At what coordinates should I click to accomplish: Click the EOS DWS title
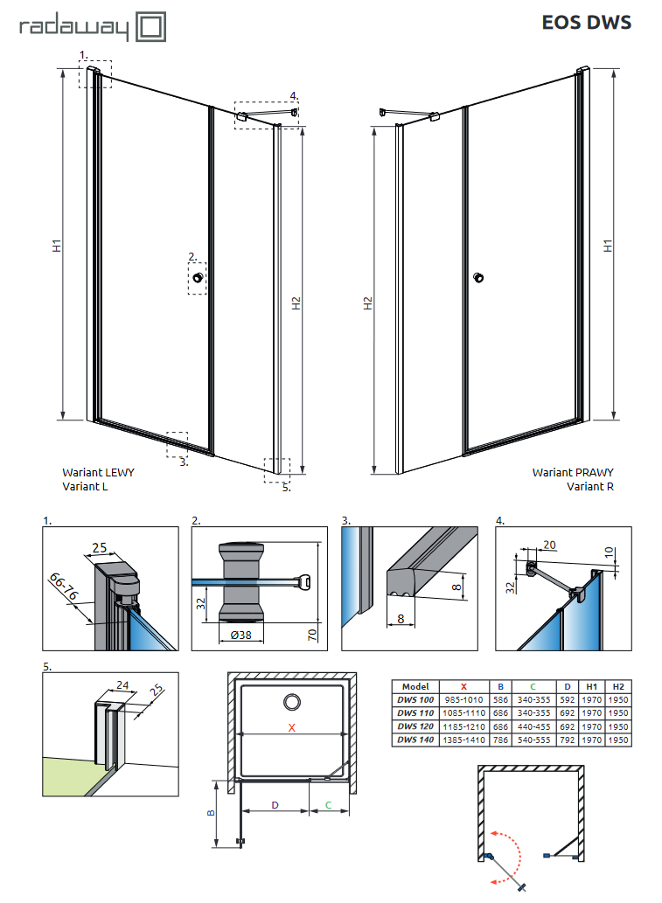tap(586, 23)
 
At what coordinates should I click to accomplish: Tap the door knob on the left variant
tap(199, 278)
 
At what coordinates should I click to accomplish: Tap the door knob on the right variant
tap(477, 278)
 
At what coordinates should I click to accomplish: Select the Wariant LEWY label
tap(98, 472)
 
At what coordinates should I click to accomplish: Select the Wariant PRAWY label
tap(573, 472)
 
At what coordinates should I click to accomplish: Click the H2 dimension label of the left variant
tap(296, 303)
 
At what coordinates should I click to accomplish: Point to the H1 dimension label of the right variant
tap(608, 247)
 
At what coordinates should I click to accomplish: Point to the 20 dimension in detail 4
tap(547, 545)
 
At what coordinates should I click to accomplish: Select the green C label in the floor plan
tap(328, 804)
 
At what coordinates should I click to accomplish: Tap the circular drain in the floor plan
tap(291, 701)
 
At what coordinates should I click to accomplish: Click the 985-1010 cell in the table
tap(463, 699)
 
